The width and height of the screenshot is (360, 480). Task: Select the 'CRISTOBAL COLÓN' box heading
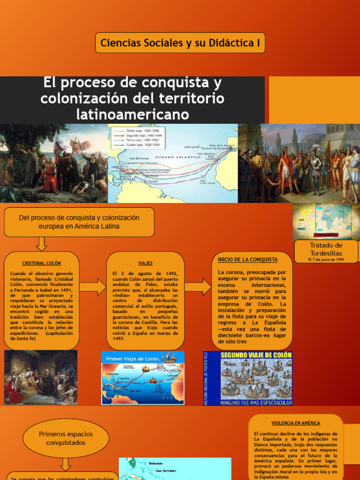(x=42, y=263)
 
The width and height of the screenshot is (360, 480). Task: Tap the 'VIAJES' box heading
(x=145, y=263)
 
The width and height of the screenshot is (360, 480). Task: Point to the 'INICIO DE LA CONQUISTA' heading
(x=248, y=259)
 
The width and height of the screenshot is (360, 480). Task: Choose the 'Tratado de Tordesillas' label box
(x=326, y=249)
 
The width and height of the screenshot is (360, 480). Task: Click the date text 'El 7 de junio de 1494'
(x=326, y=259)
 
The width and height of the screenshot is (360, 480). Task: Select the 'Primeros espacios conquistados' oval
(x=66, y=438)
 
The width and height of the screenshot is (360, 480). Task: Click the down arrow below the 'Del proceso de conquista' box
(x=41, y=244)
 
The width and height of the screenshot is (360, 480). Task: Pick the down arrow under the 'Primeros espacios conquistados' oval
(x=66, y=464)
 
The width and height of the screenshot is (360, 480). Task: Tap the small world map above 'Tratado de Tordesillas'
(x=326, y=221)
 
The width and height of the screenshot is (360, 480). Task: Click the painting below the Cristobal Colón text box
(x=41, y=378)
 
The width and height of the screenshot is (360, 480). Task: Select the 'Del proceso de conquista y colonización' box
(x=79, y=222)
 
